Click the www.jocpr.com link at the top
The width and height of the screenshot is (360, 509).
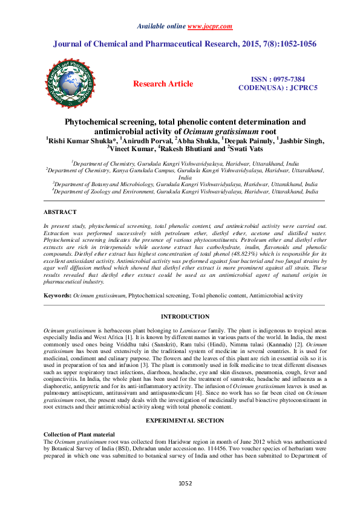pyautogui.click(x=210, y=27)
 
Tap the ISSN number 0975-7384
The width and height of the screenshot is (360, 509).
pyautogui.click(x=287, y=79)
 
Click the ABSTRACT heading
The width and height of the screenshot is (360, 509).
pyautogui.click(x=60, y=212)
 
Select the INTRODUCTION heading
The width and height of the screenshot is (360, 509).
pyautogui.click(x=185, y=317)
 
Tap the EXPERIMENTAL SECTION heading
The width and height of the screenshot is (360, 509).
pyautogui.click(x=185, y=420)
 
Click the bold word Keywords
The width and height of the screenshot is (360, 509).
pyautogui.click(x=57, y=295)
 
